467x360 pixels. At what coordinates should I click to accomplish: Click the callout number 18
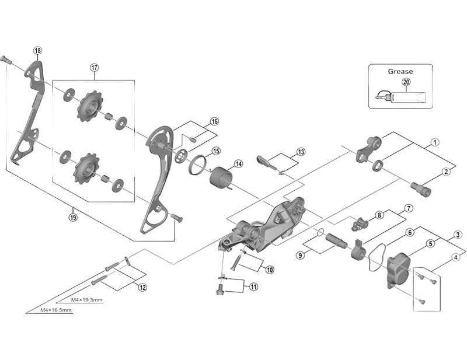(38, 51)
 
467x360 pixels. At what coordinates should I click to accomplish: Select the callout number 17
(94, 67)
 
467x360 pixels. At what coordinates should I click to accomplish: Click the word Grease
(400, 71)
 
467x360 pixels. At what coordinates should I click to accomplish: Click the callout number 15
(215, 151)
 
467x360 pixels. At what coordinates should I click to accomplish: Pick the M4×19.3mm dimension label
(87, 300)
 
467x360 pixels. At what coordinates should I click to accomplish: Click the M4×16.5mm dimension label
(57, 310)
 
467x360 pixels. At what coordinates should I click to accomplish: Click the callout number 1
(435, 142)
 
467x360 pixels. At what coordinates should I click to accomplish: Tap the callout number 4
(455, 257)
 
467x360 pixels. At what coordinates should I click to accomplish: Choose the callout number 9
(300, 255)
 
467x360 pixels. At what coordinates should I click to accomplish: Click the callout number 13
(301, 152)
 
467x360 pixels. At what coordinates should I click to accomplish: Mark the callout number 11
(253, 286)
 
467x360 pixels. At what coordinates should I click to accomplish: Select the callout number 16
(214, 121)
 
